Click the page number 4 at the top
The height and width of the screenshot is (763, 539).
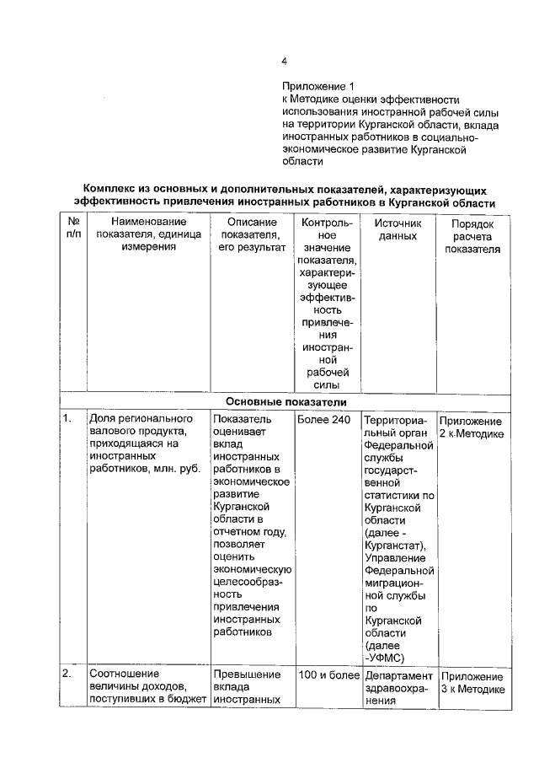[285, 61]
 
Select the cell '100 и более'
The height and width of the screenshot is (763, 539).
[328, 675]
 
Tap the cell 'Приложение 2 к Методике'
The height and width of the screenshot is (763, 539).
[472, 427]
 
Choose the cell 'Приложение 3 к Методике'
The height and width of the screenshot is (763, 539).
[472, 683]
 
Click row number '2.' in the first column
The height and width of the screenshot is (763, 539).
[67, 675]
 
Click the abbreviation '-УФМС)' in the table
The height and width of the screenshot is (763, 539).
[384, 658]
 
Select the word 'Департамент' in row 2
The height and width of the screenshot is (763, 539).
[398, 676]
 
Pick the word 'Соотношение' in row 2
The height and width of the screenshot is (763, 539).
[125, 675]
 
